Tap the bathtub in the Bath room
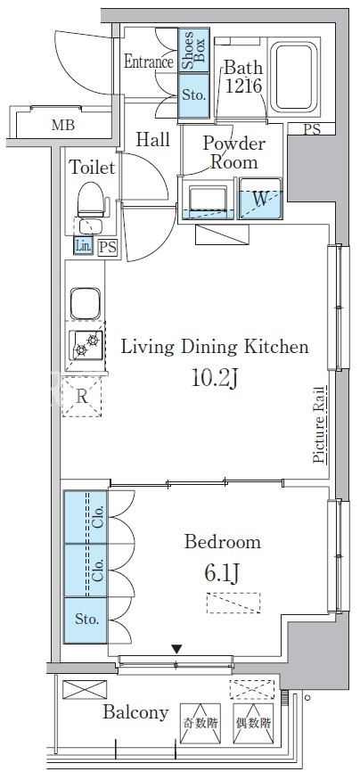(x=293, y=76)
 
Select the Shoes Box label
(x=193, y=50)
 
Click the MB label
(x=63, y=125)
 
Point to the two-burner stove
(x=86, y=345)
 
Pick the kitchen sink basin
(x=85, y=303)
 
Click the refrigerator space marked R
(x=82, y=397)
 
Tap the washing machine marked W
(x=260, y=198)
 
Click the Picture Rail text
(x=319, y=425)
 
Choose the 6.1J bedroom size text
(x=222, y=573)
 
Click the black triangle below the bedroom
(x=176, y=649)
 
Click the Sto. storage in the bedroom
(x=86, y=620)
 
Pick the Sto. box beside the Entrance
(x=193, y=95)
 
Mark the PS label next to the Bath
(x=312, y=130)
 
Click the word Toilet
(x=92, y=168)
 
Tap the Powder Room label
(x=233, y=152)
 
